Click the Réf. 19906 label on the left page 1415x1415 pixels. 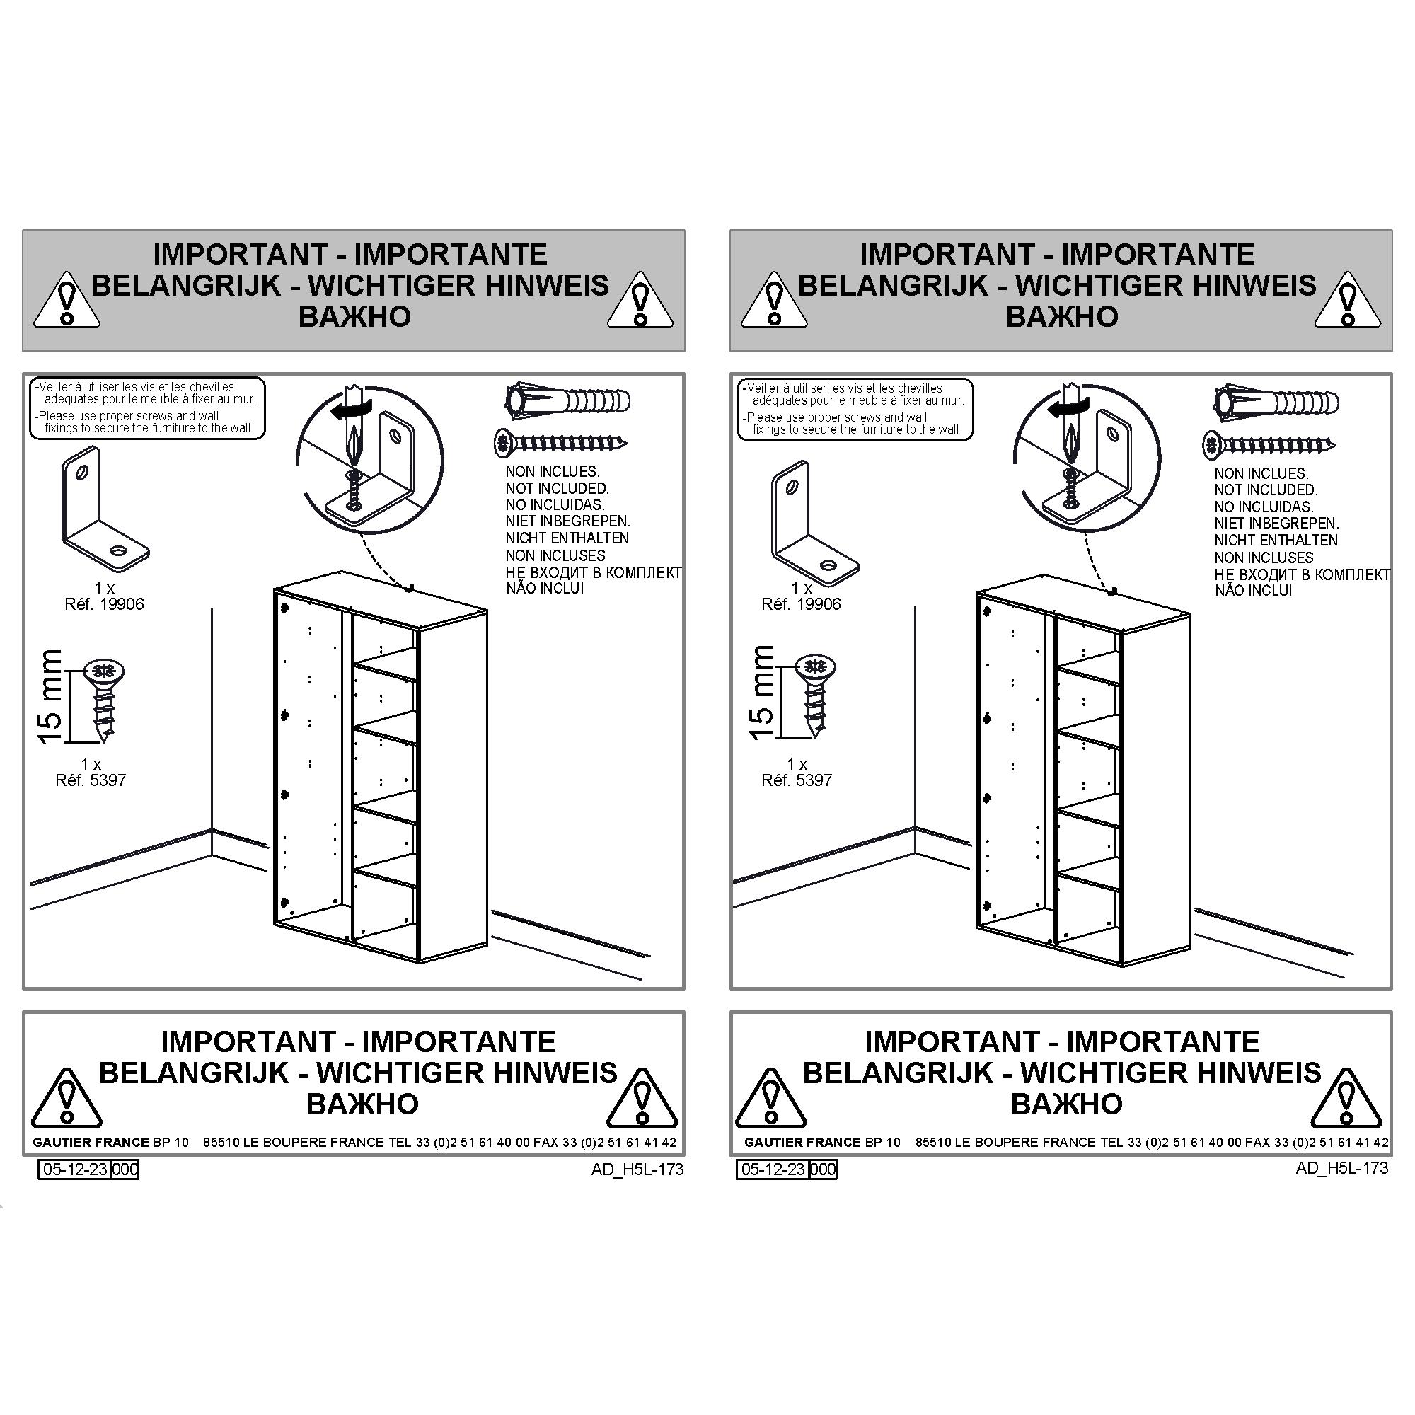click(104, 604)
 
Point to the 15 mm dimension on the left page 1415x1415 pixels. click(50, 696)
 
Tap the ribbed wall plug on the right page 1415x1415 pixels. click(1276, 402)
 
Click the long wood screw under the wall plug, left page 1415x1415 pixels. click(561, 441)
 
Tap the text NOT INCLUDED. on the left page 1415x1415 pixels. click(557, 488)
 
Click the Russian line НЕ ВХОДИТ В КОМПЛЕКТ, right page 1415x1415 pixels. click(1303, 575)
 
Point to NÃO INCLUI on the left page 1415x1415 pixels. click(545, 588)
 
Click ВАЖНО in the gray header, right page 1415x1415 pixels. click(1062, 316)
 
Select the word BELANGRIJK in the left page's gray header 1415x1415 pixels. click(186, 286)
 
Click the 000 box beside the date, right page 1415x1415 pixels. click(824, 1169)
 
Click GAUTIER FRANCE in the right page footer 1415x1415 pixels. click(802, 1143)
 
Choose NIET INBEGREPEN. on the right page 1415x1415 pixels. click(1276, 524)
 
